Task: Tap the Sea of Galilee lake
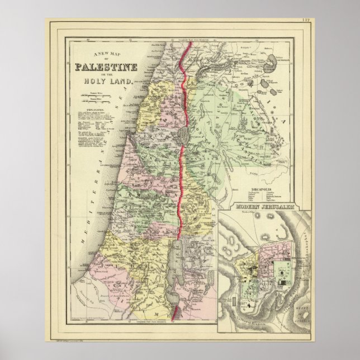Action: coord(184,134)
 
